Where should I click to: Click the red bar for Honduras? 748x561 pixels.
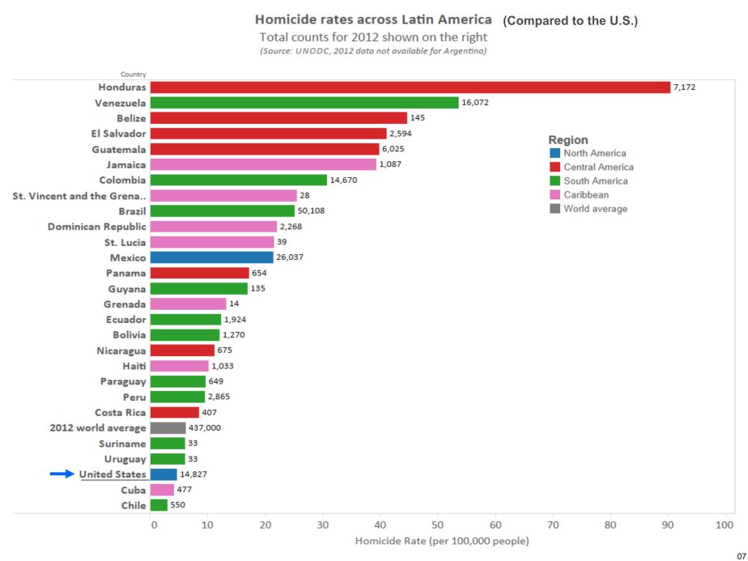[410, 87]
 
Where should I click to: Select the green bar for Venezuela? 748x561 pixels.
[304, 103]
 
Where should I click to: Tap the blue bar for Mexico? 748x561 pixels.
[212, 257]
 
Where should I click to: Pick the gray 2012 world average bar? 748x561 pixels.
[168, 427]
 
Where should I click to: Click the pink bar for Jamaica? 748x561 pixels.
[263, 164]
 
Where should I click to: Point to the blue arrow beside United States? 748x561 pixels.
[62, 474]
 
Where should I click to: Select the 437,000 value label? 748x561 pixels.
[205, 428]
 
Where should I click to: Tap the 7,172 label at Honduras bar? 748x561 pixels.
[686, 87]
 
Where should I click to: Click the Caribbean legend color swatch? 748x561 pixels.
[555, 194]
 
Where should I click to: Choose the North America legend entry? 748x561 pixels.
[594, 153]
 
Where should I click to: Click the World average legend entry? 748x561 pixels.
[595, 209]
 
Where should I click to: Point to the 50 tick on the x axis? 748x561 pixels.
[437, 525]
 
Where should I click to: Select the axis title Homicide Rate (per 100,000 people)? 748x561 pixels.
[442, 541]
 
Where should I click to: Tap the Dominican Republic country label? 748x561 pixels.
[96, 227]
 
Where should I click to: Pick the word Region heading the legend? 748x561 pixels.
[568, 140]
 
